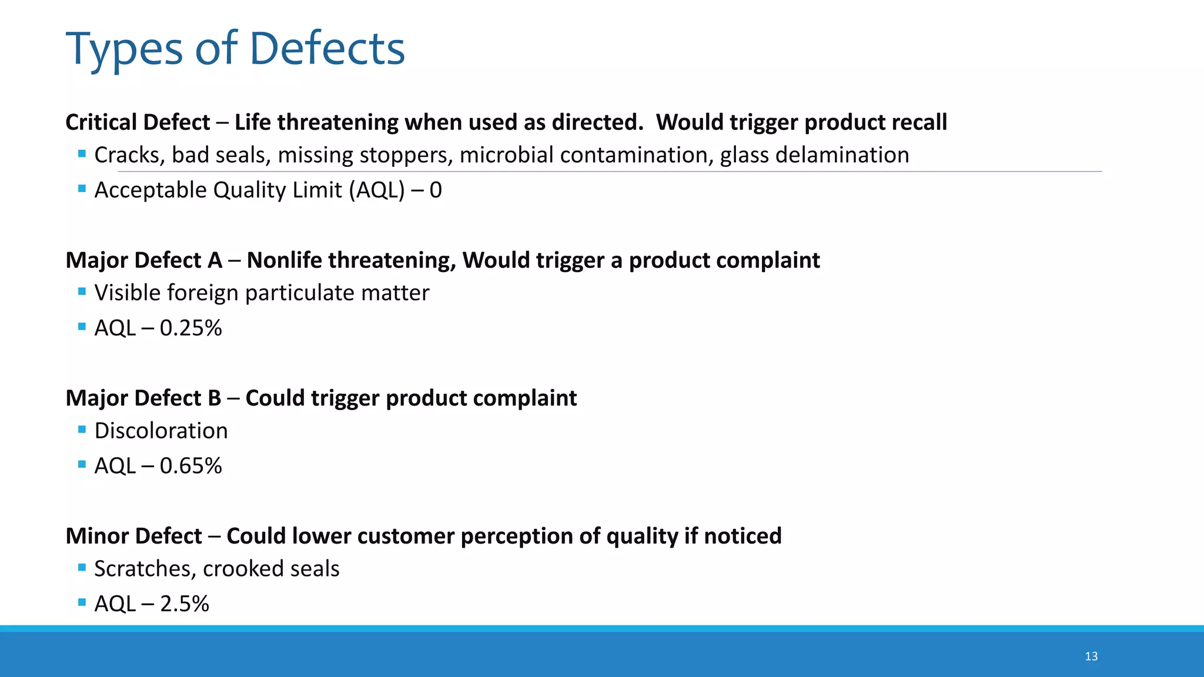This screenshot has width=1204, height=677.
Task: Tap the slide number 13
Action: pyautogui.click(x=1091, y=656)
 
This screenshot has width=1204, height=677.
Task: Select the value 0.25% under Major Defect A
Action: pyautogui.click(x=190, y=328)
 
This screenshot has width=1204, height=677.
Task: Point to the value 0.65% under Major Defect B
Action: pyautogui.click(x=190, y=466)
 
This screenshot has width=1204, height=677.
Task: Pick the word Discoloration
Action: pyautogui.click(x=160, y=431)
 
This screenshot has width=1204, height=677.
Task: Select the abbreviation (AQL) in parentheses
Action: pyautogui.click(x=376, y=190)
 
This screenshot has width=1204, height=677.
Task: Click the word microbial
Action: pyautogui.click(x=498, y=155)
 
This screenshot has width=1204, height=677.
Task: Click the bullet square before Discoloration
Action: pyautogui.click(x=82, y=430)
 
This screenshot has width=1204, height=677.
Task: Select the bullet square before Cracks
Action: pyautogui.click(x=82, y=154)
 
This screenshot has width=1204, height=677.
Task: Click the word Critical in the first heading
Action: pyautogui.click(x=101, y=122)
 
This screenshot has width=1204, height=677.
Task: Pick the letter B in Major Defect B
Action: pyautogui.click(x=214, y=398)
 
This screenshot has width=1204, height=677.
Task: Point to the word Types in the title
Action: pyautogui.click(x=125, y=49)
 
